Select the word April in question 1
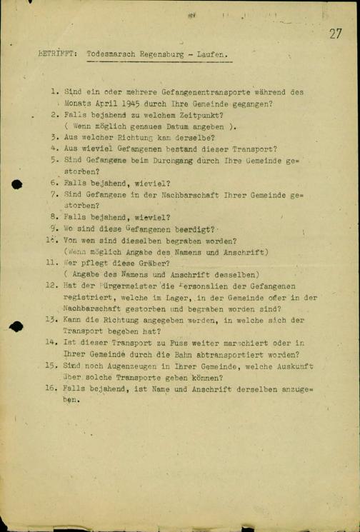pyautogui.click(x=92, y=104)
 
